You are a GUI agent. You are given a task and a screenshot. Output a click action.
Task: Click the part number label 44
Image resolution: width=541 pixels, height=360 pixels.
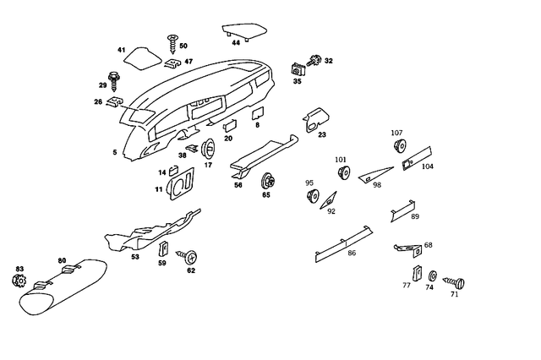pyautogui.click(x=236, y=42)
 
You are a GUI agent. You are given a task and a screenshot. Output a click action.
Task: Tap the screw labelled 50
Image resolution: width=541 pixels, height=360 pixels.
pyautogui.click(x=173, y=38)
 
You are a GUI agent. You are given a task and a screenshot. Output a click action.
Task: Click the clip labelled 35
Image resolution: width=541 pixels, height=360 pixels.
pyautogui.click(x=298, y=68)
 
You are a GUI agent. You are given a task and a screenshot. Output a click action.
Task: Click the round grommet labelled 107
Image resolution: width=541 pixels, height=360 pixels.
pyautogui.click(x=398, y=147)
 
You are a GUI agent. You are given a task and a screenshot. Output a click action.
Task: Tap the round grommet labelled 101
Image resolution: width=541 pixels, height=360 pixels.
pyautogui.click(x=343, y=173)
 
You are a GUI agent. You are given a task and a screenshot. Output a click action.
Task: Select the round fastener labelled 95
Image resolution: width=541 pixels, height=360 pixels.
pyautogui.click(x=311, y=197)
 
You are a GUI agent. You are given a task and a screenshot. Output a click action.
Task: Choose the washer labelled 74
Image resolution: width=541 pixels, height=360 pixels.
pyautogui.click(x=432, y=275)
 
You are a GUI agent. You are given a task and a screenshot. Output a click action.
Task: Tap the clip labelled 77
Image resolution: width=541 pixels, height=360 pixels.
pyautogui.click(x=417, y=273)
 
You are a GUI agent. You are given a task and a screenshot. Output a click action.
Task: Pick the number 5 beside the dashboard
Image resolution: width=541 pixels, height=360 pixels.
pyautogui.click(x=115, y=152)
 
